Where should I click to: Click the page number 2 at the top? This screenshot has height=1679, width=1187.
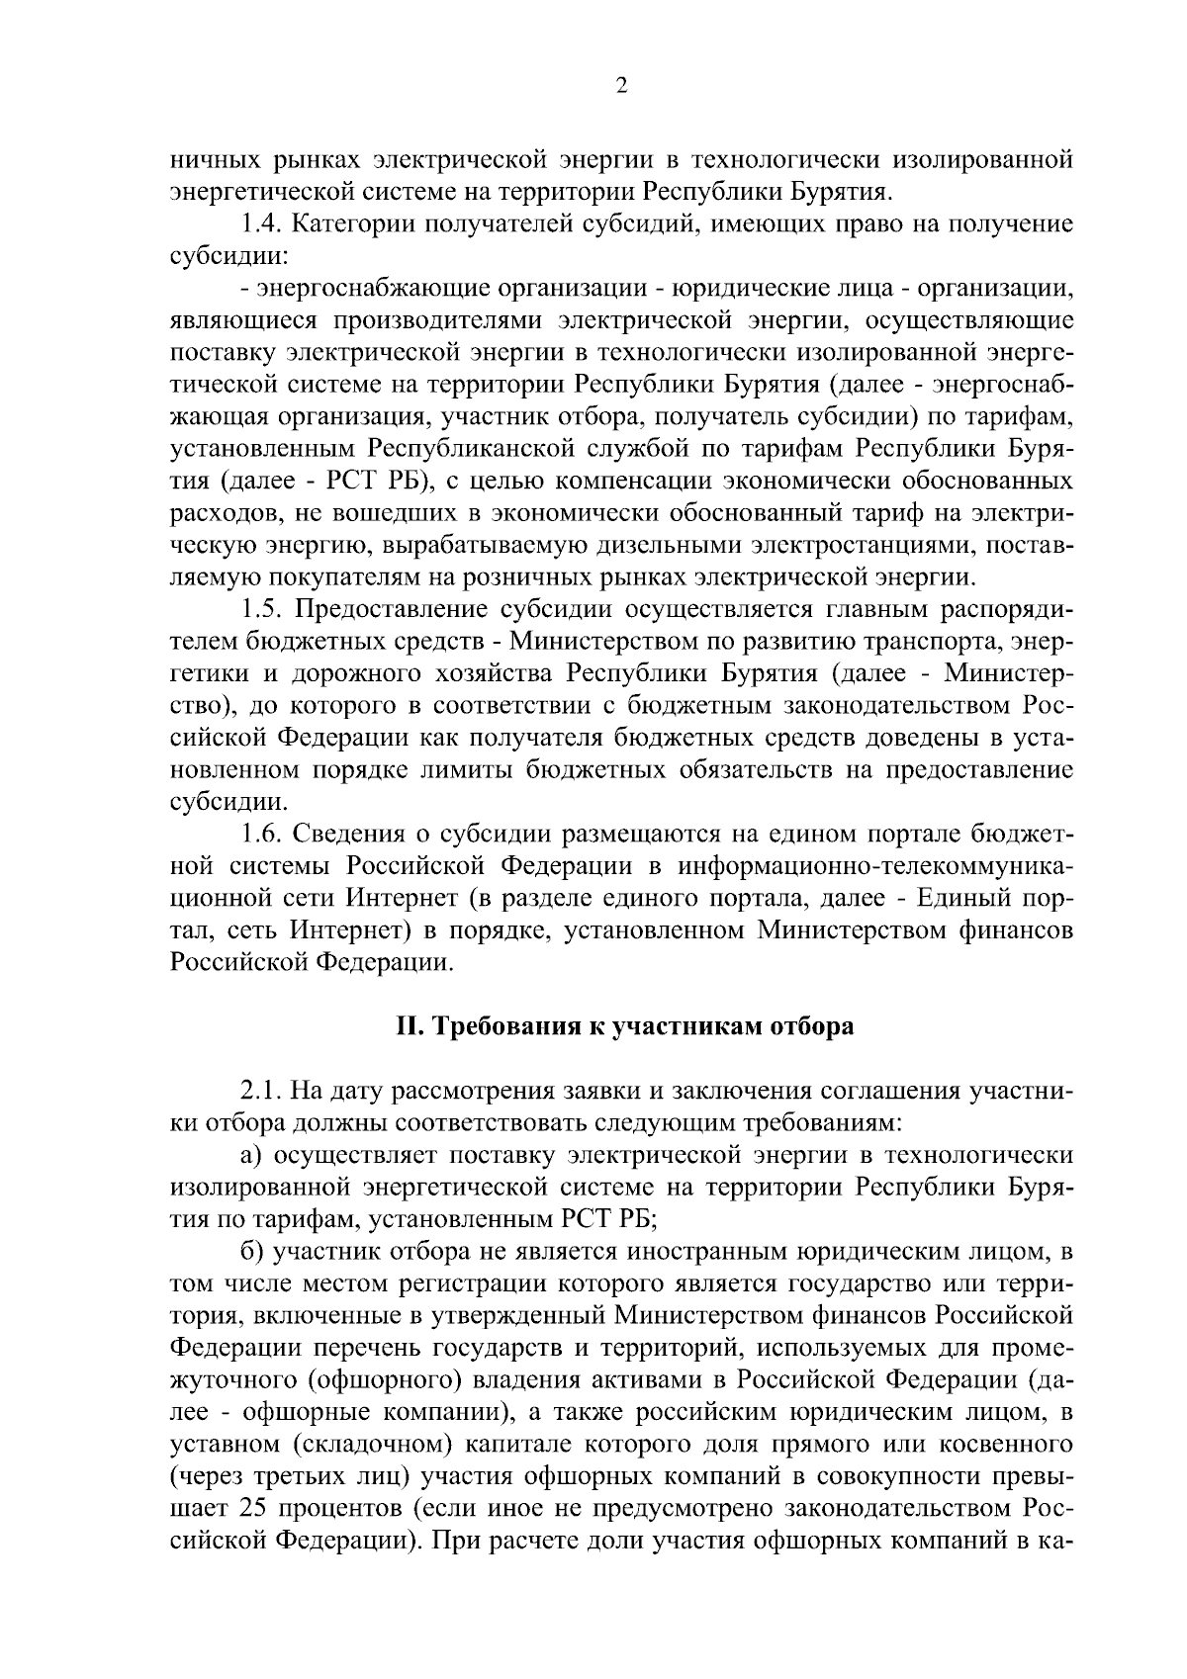(x=620, y=86)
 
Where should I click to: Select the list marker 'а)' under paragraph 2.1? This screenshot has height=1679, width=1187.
(x=253, y=1155)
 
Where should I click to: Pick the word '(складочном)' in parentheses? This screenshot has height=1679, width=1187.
(x=374, y=1444)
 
